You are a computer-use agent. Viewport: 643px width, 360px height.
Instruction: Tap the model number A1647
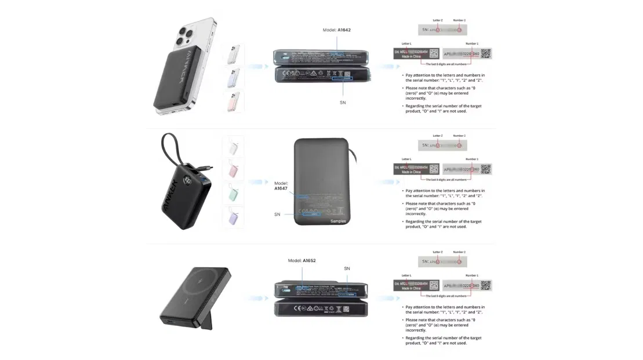click(281, 188)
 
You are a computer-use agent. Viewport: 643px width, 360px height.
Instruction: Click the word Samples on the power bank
click(338, 221)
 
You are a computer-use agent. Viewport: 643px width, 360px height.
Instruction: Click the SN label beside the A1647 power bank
click(277, 214)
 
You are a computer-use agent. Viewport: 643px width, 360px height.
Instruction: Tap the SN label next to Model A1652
click(347, 268)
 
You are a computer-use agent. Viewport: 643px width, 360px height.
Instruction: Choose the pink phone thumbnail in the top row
click(234, 101)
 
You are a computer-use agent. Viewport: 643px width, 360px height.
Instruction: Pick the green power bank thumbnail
click(234, 193)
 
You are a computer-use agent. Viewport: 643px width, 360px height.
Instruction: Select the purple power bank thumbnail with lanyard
click(234, 217)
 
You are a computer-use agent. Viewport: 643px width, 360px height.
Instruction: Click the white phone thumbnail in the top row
click(234, 55)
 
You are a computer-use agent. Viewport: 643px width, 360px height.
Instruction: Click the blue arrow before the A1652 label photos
click(256, 299)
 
